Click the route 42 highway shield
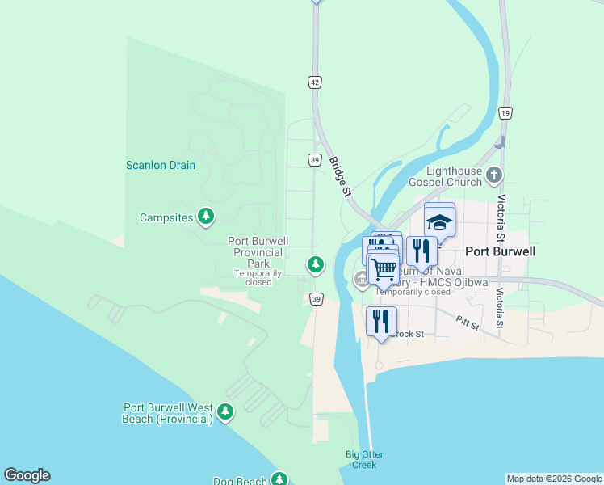coord(315,82)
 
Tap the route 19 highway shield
coord(505,112)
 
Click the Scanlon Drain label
coord(161,165)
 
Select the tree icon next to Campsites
coord(207,216)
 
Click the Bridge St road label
coord(340,177)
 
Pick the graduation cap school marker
coord(440,222)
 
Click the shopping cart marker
coord(384,269)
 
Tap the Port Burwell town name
coord(501,251)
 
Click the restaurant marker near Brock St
coord(381,321)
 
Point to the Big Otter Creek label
coord(362,459)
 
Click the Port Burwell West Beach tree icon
coord(224,412)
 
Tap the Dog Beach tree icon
coord(279,479)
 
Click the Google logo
coord(27,475)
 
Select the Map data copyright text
coord(554,479)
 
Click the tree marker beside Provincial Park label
coord(315,264)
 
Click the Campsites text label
coord(166,217)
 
